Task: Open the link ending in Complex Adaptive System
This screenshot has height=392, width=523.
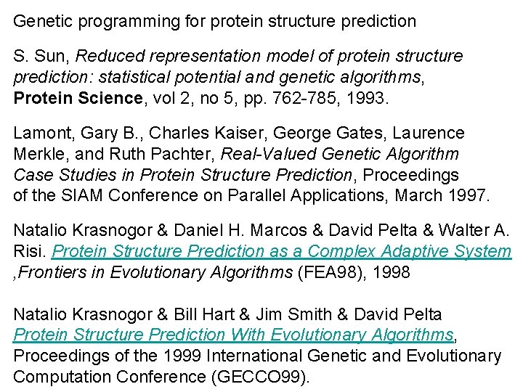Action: pos(283,252)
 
